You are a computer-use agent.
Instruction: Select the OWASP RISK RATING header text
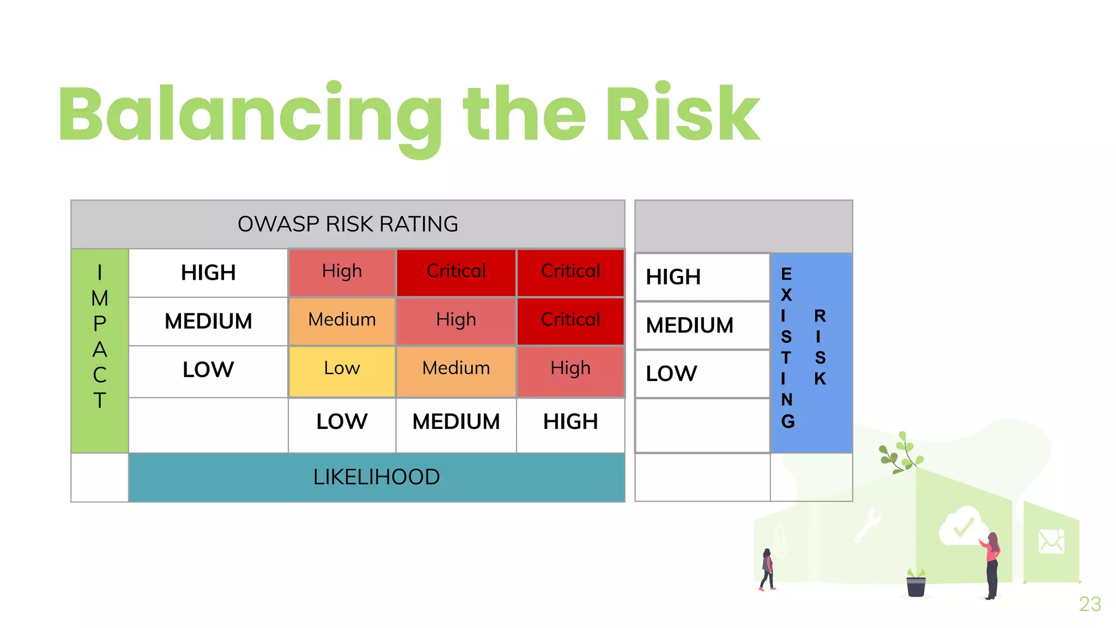348,224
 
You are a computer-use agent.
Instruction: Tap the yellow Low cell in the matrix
342,369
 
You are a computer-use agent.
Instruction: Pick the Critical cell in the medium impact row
570,320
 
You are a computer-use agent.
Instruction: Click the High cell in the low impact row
570,369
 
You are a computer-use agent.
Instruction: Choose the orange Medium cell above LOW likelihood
342,320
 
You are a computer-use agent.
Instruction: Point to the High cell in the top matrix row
342,271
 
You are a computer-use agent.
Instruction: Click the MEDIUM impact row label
208,321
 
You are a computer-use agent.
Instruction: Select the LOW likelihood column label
342,422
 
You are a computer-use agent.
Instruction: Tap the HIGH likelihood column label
570,422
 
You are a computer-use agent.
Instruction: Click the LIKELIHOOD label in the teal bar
376,477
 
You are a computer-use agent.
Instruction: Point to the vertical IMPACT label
100,336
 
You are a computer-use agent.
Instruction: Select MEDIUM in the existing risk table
689,325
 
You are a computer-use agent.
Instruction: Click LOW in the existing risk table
671,374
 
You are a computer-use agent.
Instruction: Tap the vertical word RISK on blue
820,347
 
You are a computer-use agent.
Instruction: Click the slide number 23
1089,604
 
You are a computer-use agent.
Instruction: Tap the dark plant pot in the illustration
915,585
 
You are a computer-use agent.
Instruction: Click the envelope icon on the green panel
1051,541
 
